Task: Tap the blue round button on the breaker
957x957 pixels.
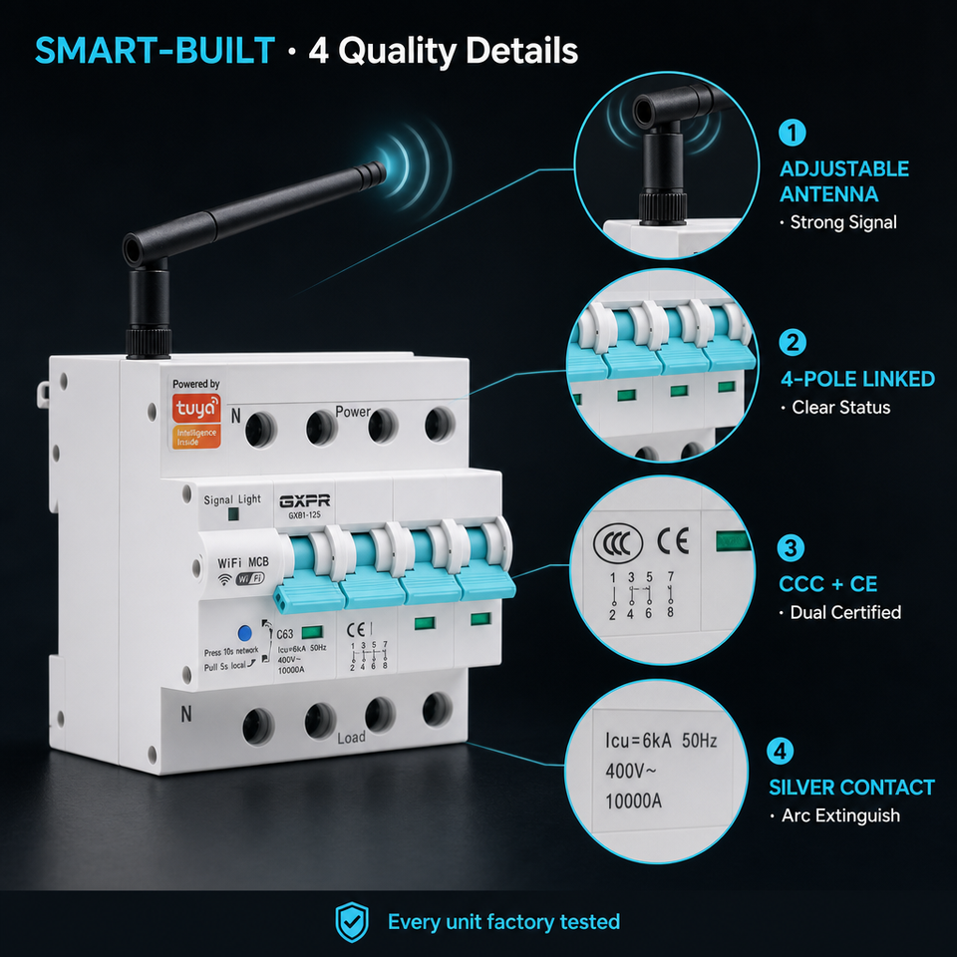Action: click(x=244, y=632)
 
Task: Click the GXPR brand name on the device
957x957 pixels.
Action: click(x=305, y=501)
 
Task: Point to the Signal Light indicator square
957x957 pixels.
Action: click(x=232, y=514)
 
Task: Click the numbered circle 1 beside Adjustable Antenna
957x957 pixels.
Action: click(x=793, y=133)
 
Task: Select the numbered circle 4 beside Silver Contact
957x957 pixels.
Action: click(x=780, y=752)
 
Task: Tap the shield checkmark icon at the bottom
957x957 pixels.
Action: click(x=352, y=921)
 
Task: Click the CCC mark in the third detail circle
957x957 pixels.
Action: click(x=617, y=542)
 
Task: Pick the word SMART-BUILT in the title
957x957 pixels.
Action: click(x=156, y=50)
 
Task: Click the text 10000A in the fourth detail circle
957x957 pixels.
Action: click(x=633, y=800)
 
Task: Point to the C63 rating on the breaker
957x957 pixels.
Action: click(x=284, y=634)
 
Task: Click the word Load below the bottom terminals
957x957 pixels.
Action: click(x=352, y=738)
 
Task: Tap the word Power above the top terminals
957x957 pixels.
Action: click(x=353, y=412)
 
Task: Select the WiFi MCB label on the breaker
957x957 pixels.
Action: click(x=243, y=562)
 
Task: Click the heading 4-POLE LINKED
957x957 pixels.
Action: click(x=857, y=379)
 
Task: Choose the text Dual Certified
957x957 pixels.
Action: click(x=845, y=612)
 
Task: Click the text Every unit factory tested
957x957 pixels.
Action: click(x=503, y=921)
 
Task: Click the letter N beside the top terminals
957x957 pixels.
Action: click(x=235, y=416)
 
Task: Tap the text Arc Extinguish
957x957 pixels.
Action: click(x=840, y=815)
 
